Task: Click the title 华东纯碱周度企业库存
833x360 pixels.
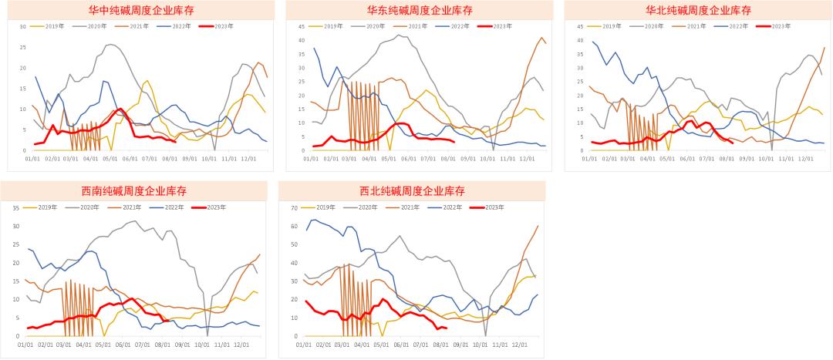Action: coord(420,11)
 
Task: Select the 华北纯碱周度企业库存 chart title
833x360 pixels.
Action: coord(698,11)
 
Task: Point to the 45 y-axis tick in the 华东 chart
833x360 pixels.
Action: coord(302,26)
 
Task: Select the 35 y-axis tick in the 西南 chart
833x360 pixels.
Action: coord(16,207)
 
